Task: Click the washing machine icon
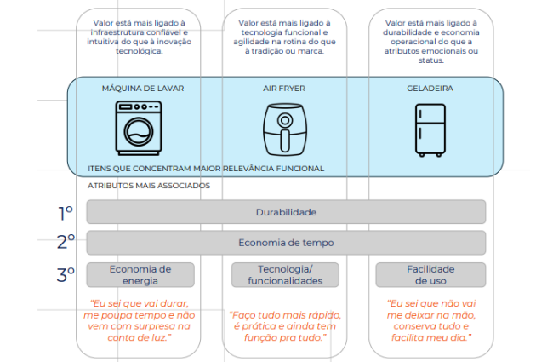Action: [x=139, y=129]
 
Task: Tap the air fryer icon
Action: [x=285, y=129]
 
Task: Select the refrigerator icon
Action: [x=430, y=130]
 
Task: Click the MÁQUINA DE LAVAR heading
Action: [x=143, y=89]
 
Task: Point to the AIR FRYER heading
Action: [x=284, y=89]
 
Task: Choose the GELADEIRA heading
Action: [x=430, y=89]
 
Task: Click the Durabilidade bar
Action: [x=286, y=212]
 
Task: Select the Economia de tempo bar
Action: [x=286, y=243]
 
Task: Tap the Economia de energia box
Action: [x=140, y=275]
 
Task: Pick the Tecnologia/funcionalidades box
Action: [x=285, y=275]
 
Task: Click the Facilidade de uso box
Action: [x=430, y=275]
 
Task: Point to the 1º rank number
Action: [x=66, y=213]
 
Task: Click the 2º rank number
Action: [x=66, y=242]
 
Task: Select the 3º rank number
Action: [x=66, y=275]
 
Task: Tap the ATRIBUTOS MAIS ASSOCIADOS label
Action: [x=149, y=186]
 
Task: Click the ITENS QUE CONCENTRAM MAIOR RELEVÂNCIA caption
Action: [x=206, y=169]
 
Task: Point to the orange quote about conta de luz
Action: [x=139, y=320]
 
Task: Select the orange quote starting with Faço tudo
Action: [x=285, y=326]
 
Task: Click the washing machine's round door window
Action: [x=139, y=131]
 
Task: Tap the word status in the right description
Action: [x=430, y=60]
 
